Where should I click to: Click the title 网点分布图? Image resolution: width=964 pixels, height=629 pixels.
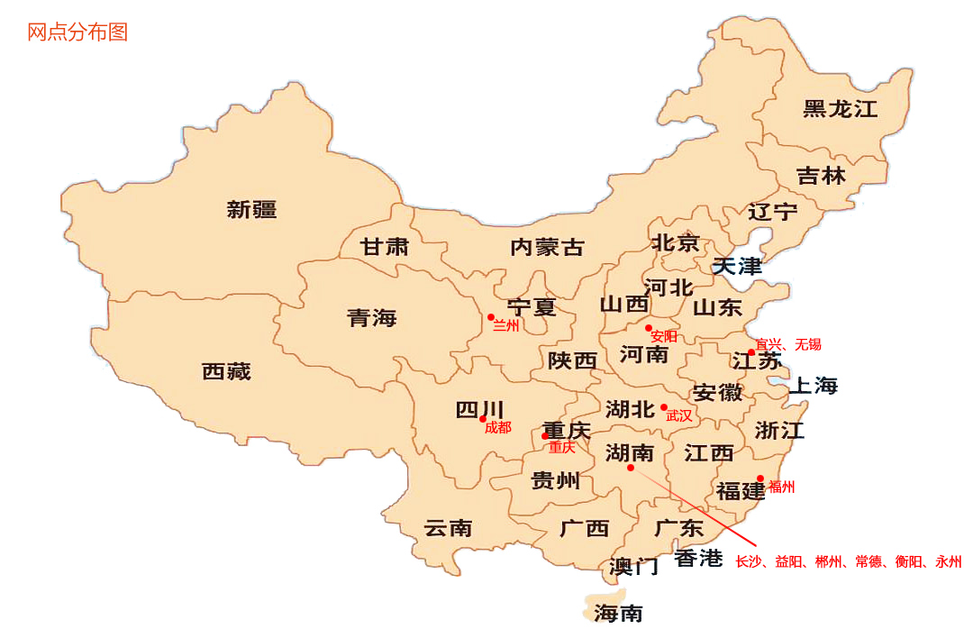click(77, 32)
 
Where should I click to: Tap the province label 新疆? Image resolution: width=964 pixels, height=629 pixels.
click(251, 210)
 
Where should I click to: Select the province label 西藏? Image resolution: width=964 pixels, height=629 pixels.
click(226, 371)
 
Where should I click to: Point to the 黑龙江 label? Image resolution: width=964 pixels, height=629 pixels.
click(840, 109)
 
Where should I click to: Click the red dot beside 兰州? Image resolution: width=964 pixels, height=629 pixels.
click(491, 317)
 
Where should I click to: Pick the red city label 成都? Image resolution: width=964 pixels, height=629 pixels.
click(497, 428)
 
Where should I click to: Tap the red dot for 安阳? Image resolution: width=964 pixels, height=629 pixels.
click(648, 328)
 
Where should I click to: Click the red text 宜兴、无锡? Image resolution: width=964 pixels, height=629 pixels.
click(788, 344)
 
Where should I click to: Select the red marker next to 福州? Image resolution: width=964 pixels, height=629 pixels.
click(760, 479)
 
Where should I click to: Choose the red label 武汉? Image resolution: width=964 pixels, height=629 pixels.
click(679, 416)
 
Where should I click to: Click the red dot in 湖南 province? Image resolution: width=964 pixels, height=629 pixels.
click(631, 468)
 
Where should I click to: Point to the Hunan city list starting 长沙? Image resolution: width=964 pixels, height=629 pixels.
click(848, 561)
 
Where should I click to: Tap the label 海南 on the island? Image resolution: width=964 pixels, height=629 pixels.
click(618, 614)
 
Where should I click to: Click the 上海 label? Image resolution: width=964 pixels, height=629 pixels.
click(813, 387)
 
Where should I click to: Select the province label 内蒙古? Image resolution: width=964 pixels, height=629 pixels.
click(547, 247)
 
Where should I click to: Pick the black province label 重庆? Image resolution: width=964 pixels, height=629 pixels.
click(566, 431)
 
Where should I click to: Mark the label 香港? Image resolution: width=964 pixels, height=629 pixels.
click(698, 559)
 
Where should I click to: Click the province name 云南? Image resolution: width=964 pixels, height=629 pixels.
click(448, 528)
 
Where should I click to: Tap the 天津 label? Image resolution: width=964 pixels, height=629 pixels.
click(737, 267)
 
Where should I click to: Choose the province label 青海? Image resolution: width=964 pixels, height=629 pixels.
click(371, 318)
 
